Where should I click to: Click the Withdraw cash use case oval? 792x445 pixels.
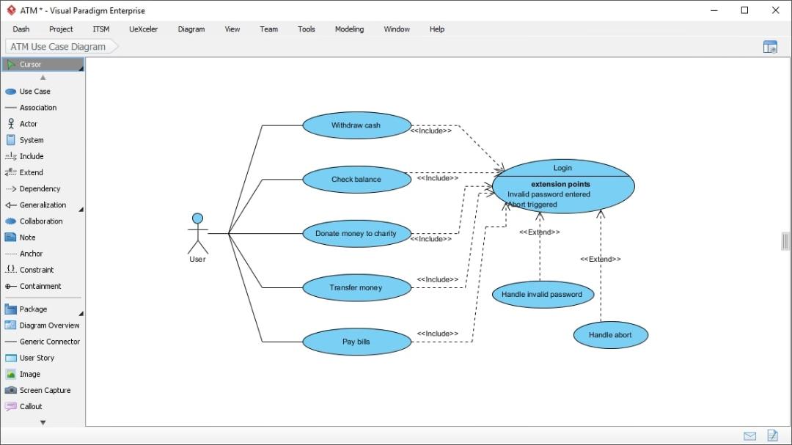pyautogui.click(x=356, y=125)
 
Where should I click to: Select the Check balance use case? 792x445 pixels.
pyautogui.click(x=356, y=180)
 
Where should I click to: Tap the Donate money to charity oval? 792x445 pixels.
pyautogui.click(x=356, y=233)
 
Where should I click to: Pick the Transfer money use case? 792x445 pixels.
pyautogui.click(x=356, y=287)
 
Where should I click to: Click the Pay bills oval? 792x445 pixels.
pyautogui.click(x=356, y=342)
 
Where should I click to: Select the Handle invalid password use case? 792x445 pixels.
pyautogui.click(x=543, y=295)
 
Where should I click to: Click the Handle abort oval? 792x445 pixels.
pyautogui.click(x=611, y=335)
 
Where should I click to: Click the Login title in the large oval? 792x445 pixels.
pyautogui.click(x=562, y=168)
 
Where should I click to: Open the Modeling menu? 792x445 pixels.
pyautogui.click(x=349, y=29)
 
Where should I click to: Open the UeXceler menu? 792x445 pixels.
pyautogui.click(x=144, y=29)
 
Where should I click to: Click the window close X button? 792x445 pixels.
pyautogui.click(x=775, y=10)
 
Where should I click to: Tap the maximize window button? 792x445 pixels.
pyautogui.click(x=744, y=10)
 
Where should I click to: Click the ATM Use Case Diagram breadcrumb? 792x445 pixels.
pyautogui.click(x=58, y=46)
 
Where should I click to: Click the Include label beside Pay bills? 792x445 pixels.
pyautogui.click(x=437, y=334)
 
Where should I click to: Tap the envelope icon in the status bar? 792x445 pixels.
pyautogui.click(x=749, y=435)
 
